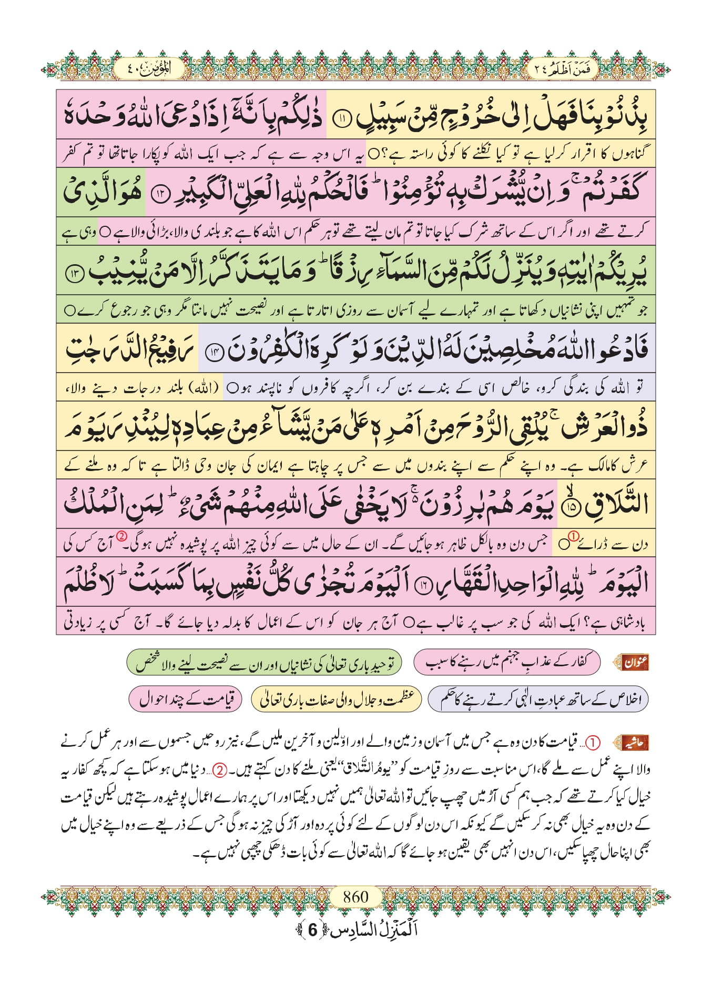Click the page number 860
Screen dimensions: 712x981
pos(355,896)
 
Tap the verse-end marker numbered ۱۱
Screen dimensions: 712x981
pos(341,119)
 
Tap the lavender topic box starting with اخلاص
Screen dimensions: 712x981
pos(538,699)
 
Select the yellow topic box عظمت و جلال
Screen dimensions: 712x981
pos(336,699)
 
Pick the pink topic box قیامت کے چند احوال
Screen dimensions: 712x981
pos(186,699)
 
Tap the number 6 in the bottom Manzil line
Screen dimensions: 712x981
pos(312,930)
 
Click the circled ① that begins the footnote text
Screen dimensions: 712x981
pos(593,743)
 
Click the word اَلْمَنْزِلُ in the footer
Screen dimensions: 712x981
pos(392,930)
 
